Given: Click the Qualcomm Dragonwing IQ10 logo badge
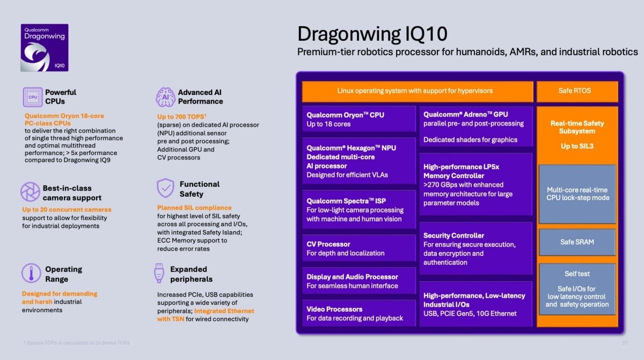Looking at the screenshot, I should [45, 48].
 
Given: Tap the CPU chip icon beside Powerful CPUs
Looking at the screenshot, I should [32, 97].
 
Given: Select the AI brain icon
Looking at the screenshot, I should [165, 97].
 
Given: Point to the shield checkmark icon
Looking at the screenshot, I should [165, 188].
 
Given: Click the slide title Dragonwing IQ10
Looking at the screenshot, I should [372, 34].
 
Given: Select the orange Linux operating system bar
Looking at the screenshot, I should [418, 91].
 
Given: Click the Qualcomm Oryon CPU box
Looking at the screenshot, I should [358, 119].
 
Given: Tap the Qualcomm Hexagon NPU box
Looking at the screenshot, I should [358, 161].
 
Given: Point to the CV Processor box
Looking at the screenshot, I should [358, 248].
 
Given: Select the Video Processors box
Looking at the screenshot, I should [358, 314].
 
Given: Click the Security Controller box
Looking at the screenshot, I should [475, 249].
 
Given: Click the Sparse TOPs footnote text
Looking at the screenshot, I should [76, 343].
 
